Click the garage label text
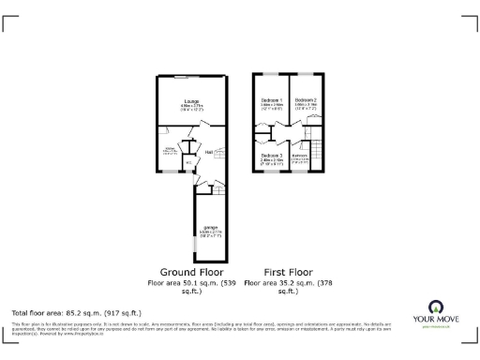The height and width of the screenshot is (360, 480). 211,227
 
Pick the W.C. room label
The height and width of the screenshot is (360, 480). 188,162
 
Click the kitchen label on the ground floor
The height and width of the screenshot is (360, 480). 171,149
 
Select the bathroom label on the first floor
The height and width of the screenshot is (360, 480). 300,156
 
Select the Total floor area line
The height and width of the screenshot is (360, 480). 76,312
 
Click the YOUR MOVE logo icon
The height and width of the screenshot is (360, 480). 435,307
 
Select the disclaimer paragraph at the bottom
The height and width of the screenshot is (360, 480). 206,329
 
